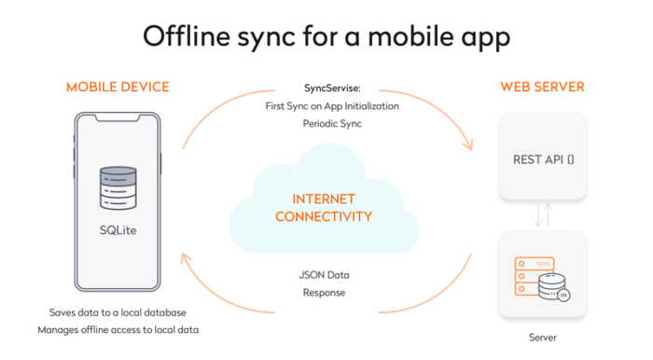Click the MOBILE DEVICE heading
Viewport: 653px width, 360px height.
[x=118, y=88]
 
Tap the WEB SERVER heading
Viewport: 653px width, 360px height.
[x=542, y=88]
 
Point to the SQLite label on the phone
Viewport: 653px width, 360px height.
[x=118, y=228]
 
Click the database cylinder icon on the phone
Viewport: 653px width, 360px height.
[x=118, y=187]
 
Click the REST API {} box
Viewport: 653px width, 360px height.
[x=543, y=159]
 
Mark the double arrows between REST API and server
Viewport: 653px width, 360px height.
[x=543, y=215]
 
